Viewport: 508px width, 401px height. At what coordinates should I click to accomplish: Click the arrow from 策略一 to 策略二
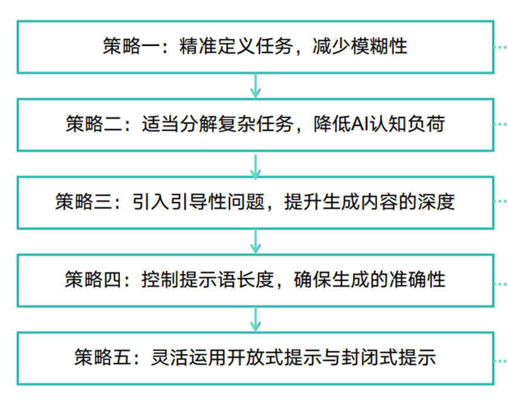[254, 86]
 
